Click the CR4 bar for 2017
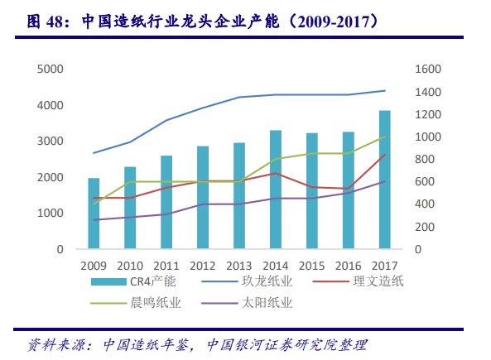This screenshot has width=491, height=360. [384, 180]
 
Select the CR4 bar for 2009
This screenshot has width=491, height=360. [94, 214]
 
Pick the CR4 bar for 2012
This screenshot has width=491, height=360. [203, 198]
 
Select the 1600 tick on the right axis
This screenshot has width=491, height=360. [426, 69]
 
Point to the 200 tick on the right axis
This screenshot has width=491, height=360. [423, 227]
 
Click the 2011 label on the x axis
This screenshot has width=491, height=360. [166, 265]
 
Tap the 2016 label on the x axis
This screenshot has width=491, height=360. [348, 265]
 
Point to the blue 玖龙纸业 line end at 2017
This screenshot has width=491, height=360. [384, 91]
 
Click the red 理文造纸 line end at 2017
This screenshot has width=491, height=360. [384, 154]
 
